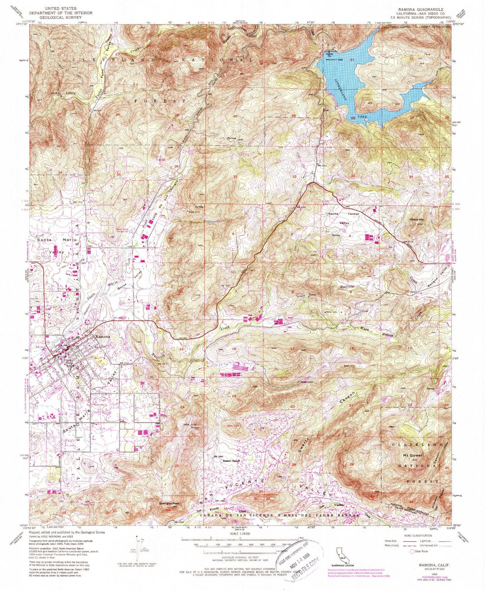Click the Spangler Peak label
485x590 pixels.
(x=172, y=503)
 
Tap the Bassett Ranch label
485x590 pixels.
(x=231, y=461)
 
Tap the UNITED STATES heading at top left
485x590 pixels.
(x=61, y=8)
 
